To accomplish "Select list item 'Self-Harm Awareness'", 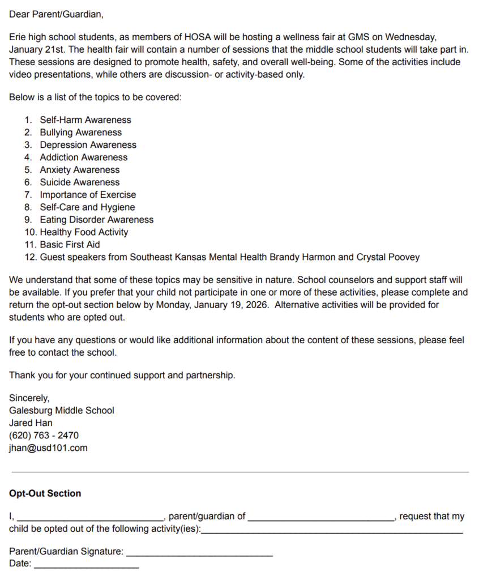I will point(85,120).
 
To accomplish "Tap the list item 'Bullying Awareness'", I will point(80,133).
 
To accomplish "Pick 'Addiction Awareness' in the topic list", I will point(83,157).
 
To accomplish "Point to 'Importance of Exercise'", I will point(88,195).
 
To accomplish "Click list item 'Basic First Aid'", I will point(70,245).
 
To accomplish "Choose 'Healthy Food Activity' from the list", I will point(84,232).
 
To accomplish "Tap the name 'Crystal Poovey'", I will point(388,257).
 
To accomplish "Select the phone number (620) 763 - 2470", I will point(44,436).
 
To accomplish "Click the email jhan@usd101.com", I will point(48,448).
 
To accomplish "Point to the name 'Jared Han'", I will point(31,423).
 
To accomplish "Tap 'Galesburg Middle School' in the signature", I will point(61,411).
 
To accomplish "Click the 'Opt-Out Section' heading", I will point(45,493).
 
